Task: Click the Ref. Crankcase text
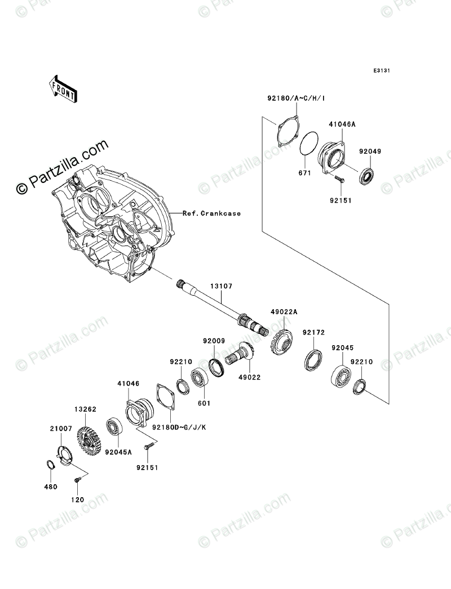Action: pyautogui.click(x=211, y=213)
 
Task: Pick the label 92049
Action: pyautogui.click(x=370, y=151)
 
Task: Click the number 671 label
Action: pyautogui.click(x=304, y=173)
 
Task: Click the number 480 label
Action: pyautogui.click(x=51, y=486)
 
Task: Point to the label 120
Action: pyautogui.click(x=78, y=498)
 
